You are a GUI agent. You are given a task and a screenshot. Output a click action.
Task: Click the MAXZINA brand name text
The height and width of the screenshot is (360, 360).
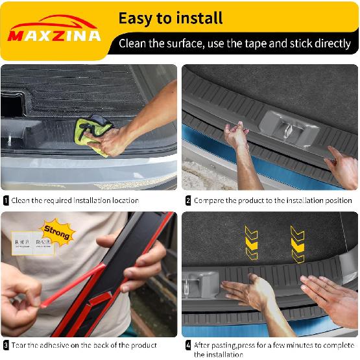point(55,35)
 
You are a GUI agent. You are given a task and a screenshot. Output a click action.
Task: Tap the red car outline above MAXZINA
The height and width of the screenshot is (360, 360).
point(55,21)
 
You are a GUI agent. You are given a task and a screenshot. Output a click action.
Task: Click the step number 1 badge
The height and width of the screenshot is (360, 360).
point(6,201)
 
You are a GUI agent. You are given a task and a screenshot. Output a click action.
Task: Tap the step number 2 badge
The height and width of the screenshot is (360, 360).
point(188,201)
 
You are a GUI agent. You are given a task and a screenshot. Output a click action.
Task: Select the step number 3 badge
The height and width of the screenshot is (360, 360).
point(6,345)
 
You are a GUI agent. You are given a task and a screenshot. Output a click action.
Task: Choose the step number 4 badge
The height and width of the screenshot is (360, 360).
point(188,345)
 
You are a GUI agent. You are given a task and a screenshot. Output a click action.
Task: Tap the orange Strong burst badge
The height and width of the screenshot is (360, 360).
point(58,232)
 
